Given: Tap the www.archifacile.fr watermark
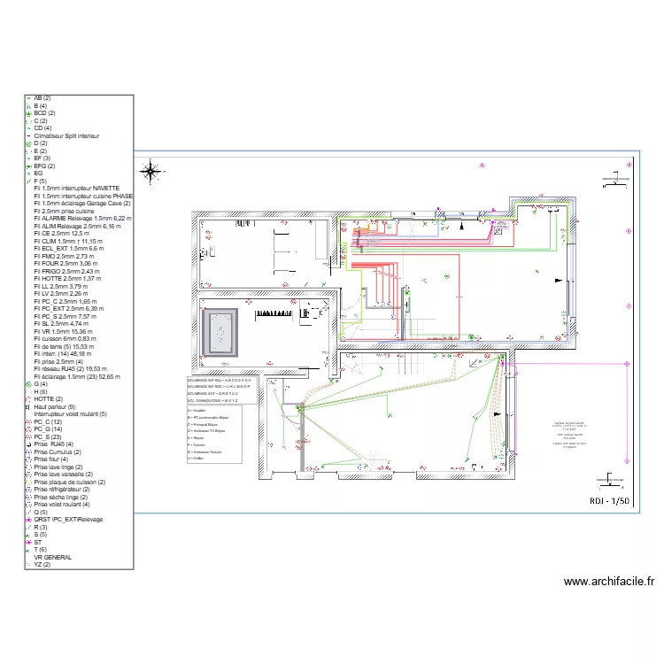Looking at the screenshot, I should coord(608,582).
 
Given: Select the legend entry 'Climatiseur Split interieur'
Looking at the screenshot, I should coord(67,136).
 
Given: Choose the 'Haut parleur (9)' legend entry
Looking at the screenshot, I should coord(54,406).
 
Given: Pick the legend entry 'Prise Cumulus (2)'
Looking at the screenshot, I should coord(58,452).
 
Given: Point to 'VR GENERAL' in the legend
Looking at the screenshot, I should coord(53,557).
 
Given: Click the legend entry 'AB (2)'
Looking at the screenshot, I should coord(42,98).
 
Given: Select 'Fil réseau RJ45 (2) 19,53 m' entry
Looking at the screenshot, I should coord(71,368).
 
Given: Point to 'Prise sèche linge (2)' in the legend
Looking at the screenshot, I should coord(61,497).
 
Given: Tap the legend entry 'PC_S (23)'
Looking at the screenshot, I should coord(47,436).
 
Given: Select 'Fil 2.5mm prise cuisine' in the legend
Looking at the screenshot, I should coord(64,212).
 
